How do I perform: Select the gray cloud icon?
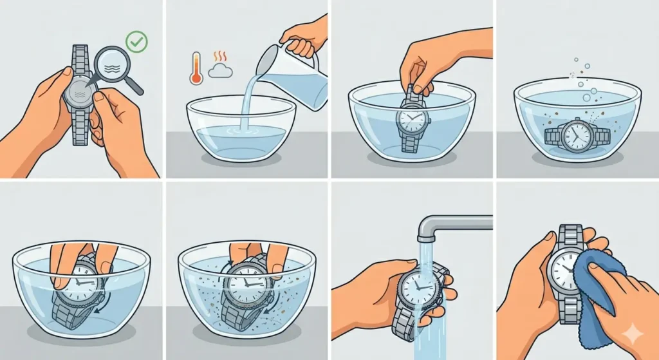(x=220, y=71)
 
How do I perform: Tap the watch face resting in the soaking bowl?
(x=577, y=136)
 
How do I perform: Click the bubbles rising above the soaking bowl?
(x=585, y=84)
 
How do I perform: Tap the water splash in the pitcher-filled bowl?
(x=243, y=131)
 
